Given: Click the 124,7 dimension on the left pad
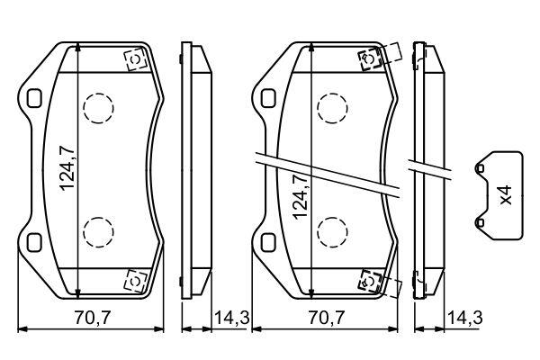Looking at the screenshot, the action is [x=67, y=167].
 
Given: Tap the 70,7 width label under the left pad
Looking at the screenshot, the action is [x=93, y=318].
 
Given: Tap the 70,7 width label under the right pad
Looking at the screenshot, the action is [x=326, y=318].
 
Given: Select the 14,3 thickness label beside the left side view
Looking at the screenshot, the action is [x=231, y=318].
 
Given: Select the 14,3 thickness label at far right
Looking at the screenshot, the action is [x=465, y=318].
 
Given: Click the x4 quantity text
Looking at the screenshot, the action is [x=506, y=195].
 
